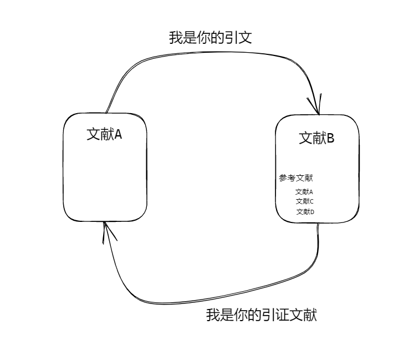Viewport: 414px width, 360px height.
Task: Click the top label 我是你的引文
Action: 211,38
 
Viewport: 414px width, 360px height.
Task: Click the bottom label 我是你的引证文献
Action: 262,315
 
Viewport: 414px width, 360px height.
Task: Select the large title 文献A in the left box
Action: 104,135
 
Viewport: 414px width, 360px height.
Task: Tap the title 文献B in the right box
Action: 316,138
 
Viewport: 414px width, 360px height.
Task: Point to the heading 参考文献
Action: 296,178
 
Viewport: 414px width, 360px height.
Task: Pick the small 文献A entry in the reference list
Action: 304,192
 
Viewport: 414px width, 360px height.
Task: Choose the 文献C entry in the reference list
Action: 305,201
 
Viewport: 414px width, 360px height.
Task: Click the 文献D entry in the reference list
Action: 305,212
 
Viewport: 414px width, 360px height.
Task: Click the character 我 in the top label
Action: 175,38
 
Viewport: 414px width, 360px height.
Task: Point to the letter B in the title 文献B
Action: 329,138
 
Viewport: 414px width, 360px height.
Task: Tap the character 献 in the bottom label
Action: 310,315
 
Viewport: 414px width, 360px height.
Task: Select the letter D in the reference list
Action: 312,212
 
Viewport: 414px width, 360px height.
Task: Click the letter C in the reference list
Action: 312,201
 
